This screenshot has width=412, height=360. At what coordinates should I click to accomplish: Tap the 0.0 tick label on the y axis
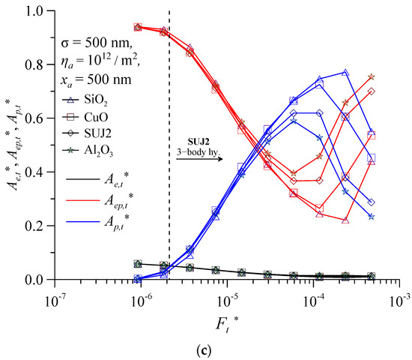(34, 280)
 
